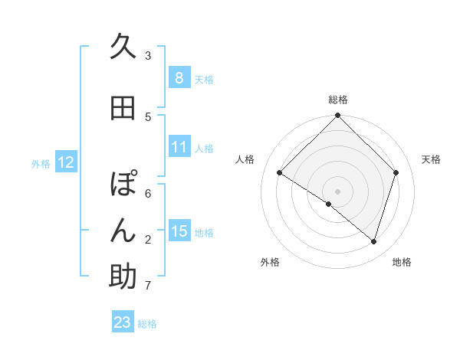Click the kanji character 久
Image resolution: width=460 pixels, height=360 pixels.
pos(123,47)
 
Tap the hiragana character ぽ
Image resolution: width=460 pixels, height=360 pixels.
pos(123,185)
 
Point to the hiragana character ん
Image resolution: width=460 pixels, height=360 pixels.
pos(123,231)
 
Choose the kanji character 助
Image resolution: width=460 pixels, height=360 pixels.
pos(123,277)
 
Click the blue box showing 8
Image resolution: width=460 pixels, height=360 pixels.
pos(179,78)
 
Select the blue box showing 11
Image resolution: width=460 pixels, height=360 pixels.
pos(179,147)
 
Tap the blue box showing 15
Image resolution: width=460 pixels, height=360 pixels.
pos(179,231)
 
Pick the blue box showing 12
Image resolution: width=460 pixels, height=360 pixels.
pos(65,162)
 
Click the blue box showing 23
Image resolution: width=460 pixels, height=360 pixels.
pos(123,322)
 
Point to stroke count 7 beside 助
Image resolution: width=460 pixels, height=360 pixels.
pos(148,286)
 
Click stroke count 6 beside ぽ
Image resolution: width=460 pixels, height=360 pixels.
pos(148,194)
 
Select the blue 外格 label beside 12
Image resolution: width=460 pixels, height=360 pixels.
pos(41,163)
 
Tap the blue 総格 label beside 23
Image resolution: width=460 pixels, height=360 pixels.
pos(147,323)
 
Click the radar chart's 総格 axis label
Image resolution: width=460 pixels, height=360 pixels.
pos(337,100)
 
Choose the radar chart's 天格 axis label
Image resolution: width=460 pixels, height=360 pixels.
pos(431,159)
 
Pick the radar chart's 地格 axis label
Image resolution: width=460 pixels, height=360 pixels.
pos(402,262)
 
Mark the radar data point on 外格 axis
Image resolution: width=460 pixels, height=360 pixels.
pos(328,205)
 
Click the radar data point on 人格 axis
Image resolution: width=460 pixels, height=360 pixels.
pos(280,172)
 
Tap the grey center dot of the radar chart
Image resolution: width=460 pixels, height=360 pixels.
pos(337,191)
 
